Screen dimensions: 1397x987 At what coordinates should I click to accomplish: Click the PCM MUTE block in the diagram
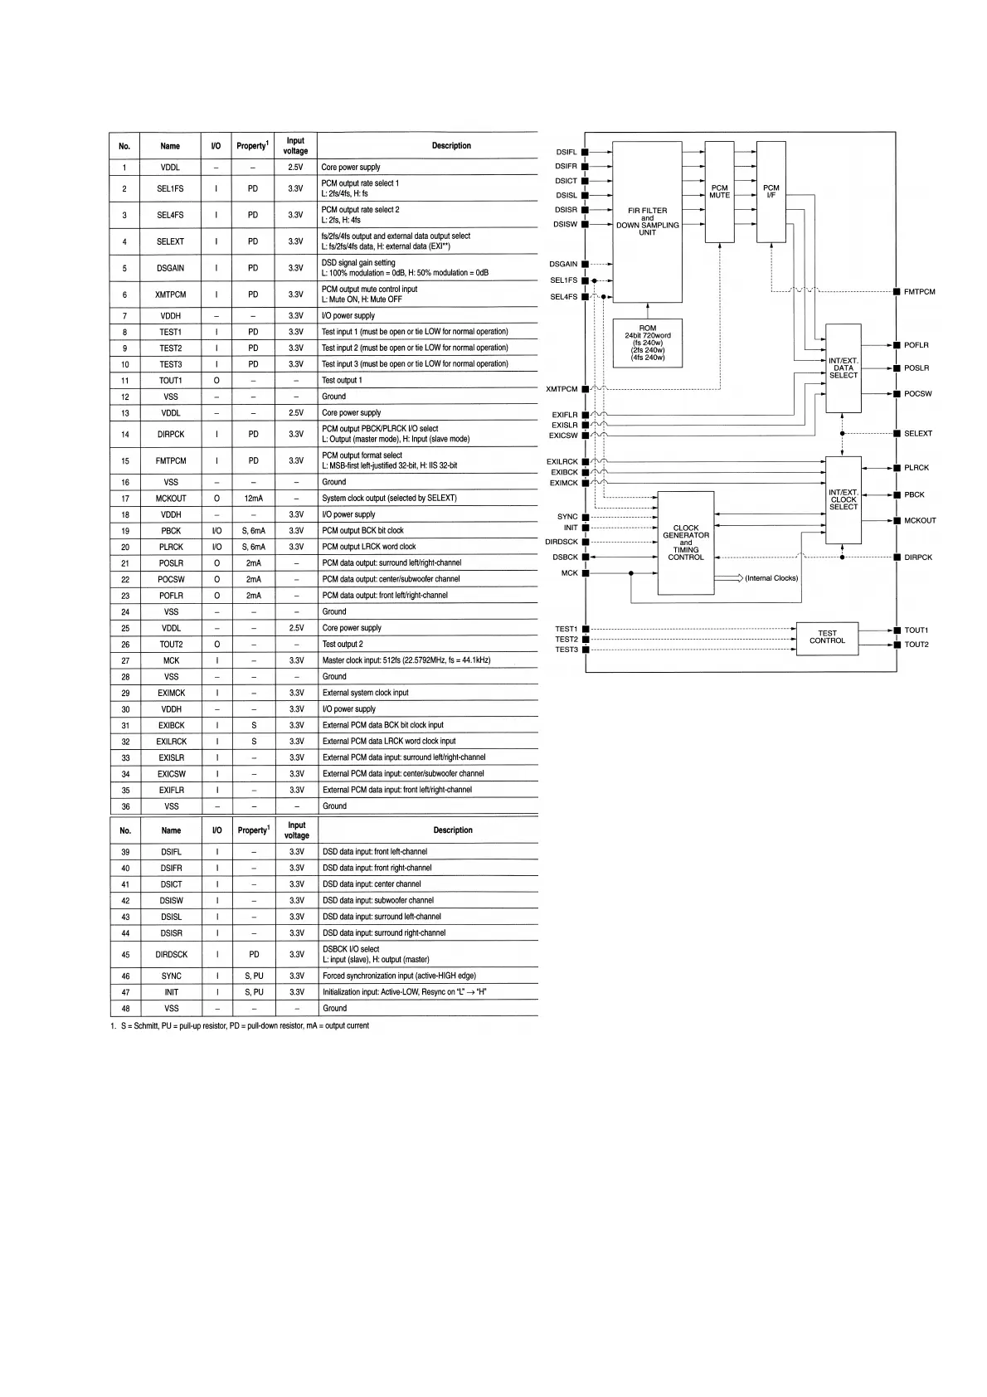coord(719,192)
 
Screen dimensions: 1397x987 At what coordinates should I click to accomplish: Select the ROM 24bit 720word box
coord(648,343)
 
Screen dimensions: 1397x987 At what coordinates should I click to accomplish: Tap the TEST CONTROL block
coord(827,637)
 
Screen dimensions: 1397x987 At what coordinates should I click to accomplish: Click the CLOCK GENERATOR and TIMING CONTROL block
coord(685,543)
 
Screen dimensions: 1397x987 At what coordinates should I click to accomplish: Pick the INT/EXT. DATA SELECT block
coord(843,368)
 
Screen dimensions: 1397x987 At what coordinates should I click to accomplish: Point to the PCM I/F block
coord(771,192)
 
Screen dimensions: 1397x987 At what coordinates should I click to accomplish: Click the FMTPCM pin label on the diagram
coord(919,292)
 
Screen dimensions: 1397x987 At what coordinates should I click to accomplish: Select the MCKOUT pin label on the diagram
coord(920,521)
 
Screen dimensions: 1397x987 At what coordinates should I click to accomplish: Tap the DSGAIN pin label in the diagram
coord(563,265)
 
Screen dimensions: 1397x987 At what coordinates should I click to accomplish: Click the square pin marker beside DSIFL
coord(585,153)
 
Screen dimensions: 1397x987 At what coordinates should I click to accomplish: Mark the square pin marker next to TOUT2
coord(897,645)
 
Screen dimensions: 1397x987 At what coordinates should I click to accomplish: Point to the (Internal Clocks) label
coord(771,578)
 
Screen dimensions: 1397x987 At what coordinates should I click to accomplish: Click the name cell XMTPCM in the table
coord(170,294)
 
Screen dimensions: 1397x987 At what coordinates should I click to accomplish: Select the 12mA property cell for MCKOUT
coord(253,499)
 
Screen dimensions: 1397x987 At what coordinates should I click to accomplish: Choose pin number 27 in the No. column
coord(125,661)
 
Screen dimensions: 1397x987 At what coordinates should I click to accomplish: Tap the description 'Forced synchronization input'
coord(399,976)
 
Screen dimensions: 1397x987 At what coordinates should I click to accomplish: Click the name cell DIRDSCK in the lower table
coord(171,955)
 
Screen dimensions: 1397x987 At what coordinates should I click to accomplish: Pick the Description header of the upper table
coord(451,146)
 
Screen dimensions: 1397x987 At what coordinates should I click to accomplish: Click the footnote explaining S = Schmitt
coord(241,1026)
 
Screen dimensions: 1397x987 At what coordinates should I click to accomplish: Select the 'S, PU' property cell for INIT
coord(254,992)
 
